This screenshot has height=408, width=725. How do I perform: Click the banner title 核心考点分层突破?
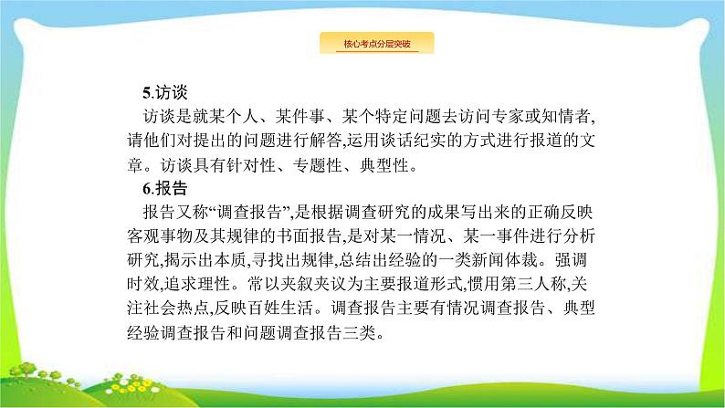375,43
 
